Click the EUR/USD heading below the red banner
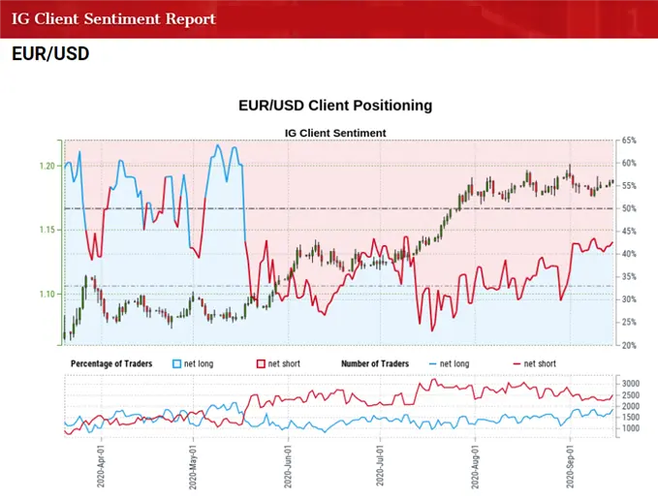[50, 54]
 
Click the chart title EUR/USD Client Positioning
[334, 105]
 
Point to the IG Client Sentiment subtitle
[334, 133]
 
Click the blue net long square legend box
[177, 363]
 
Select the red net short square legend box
[261, 363]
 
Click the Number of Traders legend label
[375, 363]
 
